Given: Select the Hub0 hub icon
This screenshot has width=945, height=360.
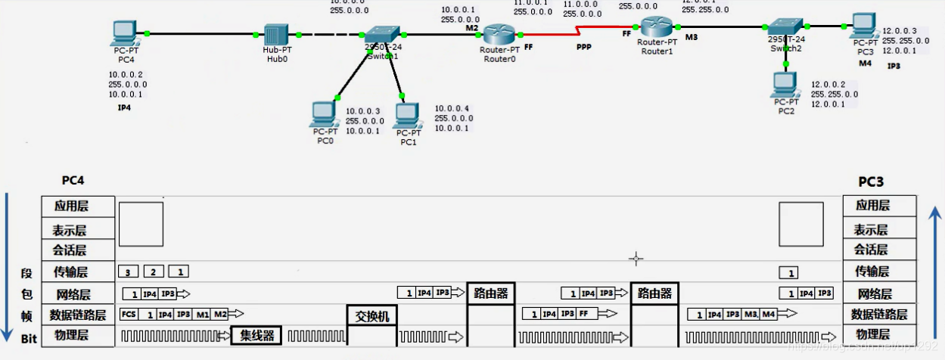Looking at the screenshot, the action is [276, 35].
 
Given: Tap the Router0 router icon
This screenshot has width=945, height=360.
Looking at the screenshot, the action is [498, 34].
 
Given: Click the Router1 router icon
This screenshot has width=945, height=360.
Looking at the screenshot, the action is [651, 27].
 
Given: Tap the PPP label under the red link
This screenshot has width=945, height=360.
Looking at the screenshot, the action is [583, 46].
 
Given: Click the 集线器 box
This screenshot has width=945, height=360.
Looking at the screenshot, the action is [256, 335].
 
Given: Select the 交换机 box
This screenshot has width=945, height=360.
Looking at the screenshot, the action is [371, 315].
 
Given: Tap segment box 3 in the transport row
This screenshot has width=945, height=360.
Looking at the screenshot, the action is [129, 272].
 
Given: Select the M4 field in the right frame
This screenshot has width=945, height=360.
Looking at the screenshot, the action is [768, 314].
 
